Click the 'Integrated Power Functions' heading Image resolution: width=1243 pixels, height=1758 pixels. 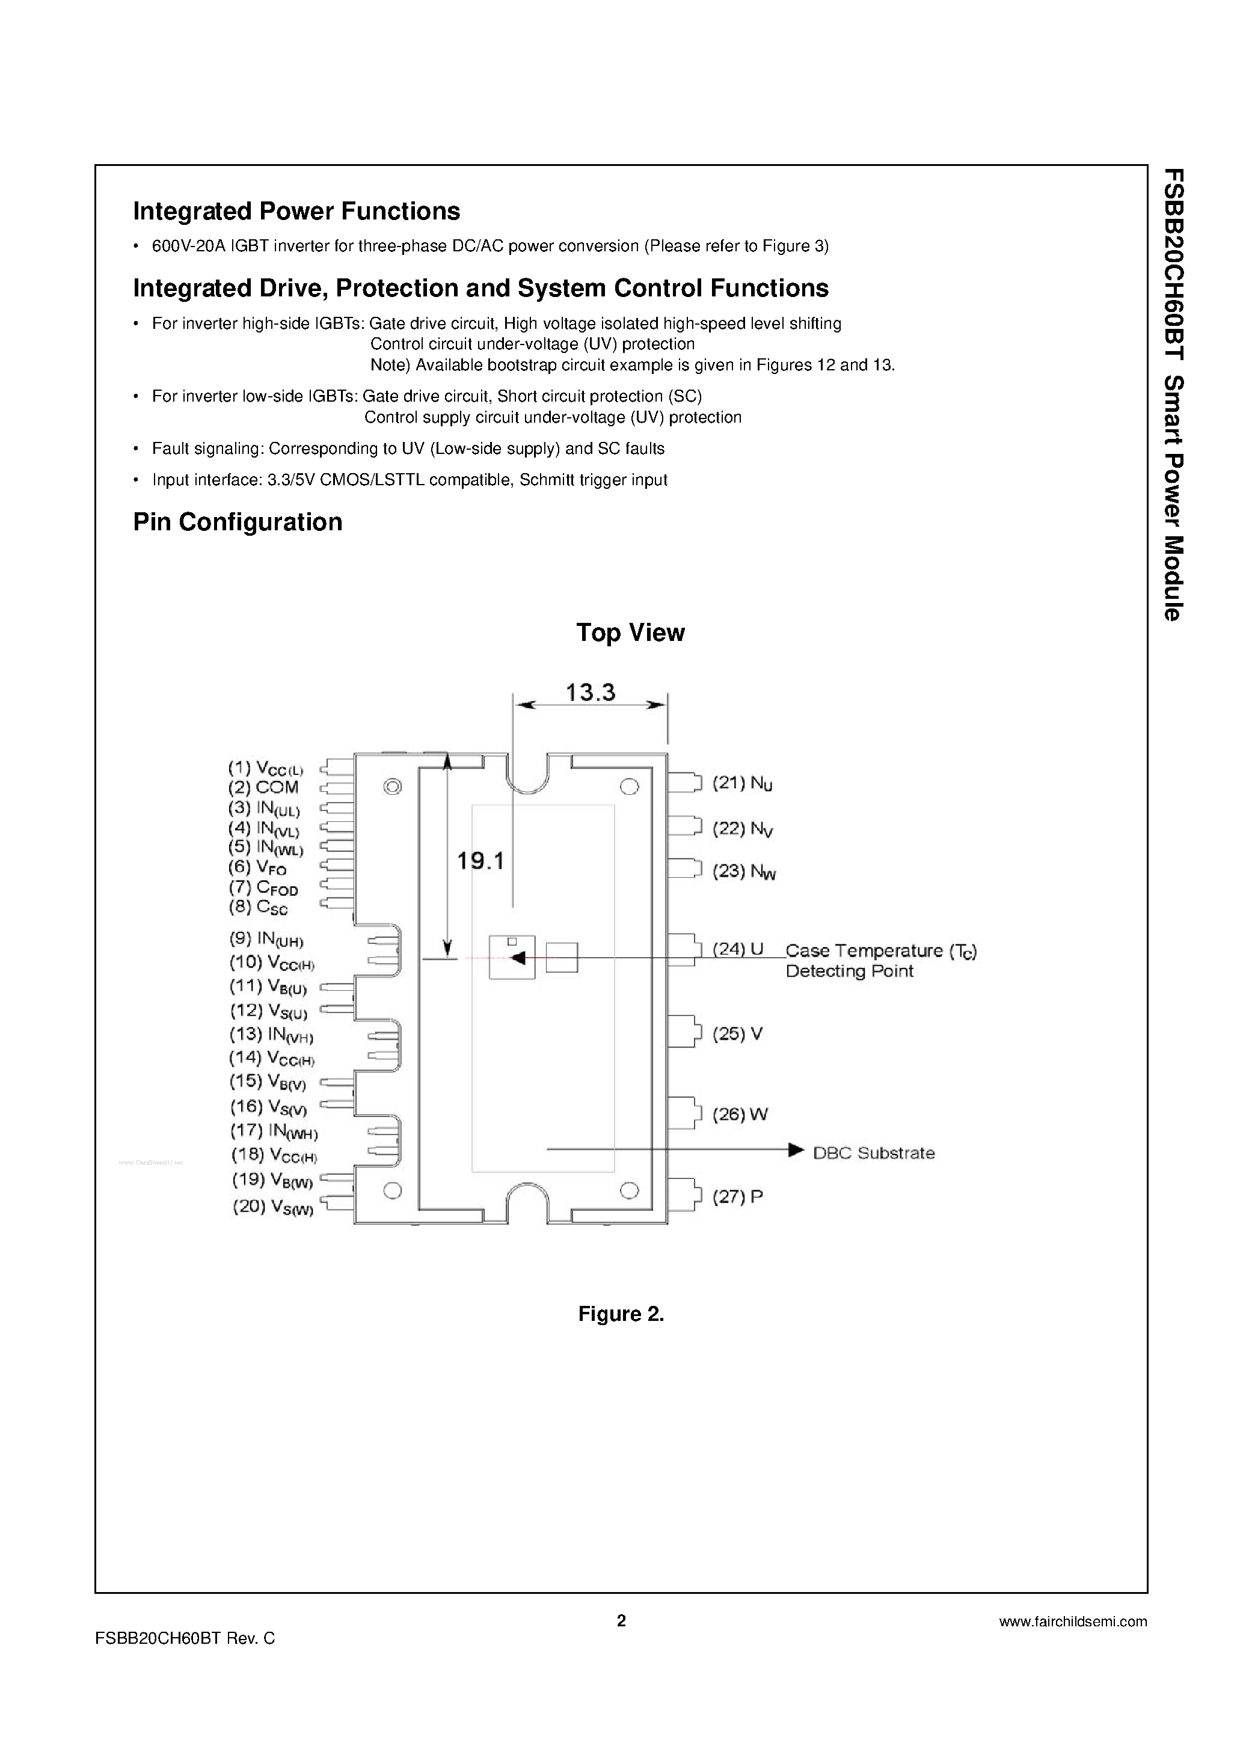[296, 211]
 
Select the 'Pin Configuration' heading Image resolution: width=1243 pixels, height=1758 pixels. [238, 522]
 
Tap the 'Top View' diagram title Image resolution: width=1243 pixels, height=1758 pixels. [630, 632]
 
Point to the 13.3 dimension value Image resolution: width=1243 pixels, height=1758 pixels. [591, 693]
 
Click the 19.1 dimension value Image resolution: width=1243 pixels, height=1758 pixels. [480, 862]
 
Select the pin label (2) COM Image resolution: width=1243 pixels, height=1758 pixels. [263, 788]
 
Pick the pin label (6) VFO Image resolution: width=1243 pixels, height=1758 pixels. [257, 868]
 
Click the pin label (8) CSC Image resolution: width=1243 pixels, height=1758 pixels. [258, 907]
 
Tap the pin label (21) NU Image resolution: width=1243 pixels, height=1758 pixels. [742, 783]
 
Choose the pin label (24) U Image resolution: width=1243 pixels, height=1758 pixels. [738, 949]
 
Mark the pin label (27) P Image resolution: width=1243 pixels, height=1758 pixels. [737, 1197]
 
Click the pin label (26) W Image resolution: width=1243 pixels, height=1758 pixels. [740, 1114]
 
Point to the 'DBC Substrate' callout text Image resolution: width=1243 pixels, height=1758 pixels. [874, 1153]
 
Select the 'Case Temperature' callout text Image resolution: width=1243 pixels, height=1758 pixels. [881, 951]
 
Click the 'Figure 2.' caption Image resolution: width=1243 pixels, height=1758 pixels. [621, 1314]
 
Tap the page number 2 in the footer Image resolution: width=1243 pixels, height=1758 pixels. [621, 1620]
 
